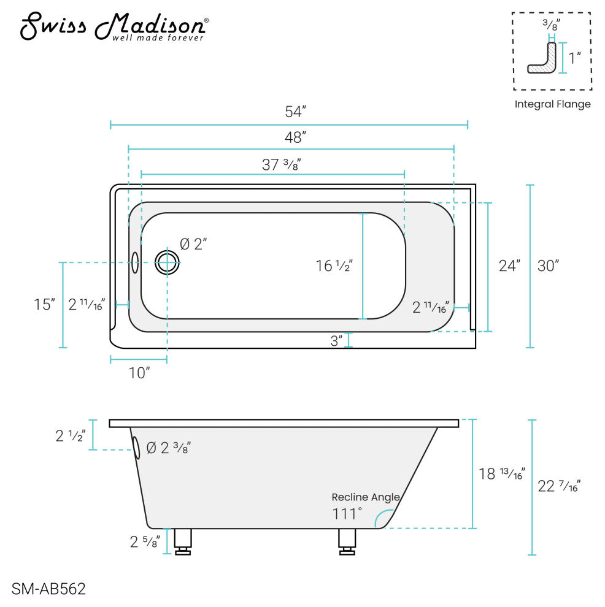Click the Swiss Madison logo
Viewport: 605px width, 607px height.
(114, 26)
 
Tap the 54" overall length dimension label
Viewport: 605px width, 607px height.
(295, 112)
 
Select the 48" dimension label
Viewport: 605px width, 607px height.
(295, 137)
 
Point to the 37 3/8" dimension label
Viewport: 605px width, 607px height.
(281, 164)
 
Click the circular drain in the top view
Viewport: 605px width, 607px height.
(168, 262)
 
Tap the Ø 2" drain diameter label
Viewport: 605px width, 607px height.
(193, 244)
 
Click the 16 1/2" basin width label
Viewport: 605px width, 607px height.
(334, 266)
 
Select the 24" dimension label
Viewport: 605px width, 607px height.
(509, 266)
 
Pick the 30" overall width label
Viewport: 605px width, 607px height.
(548, 266)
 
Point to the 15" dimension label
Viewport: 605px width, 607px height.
(44, 305)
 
